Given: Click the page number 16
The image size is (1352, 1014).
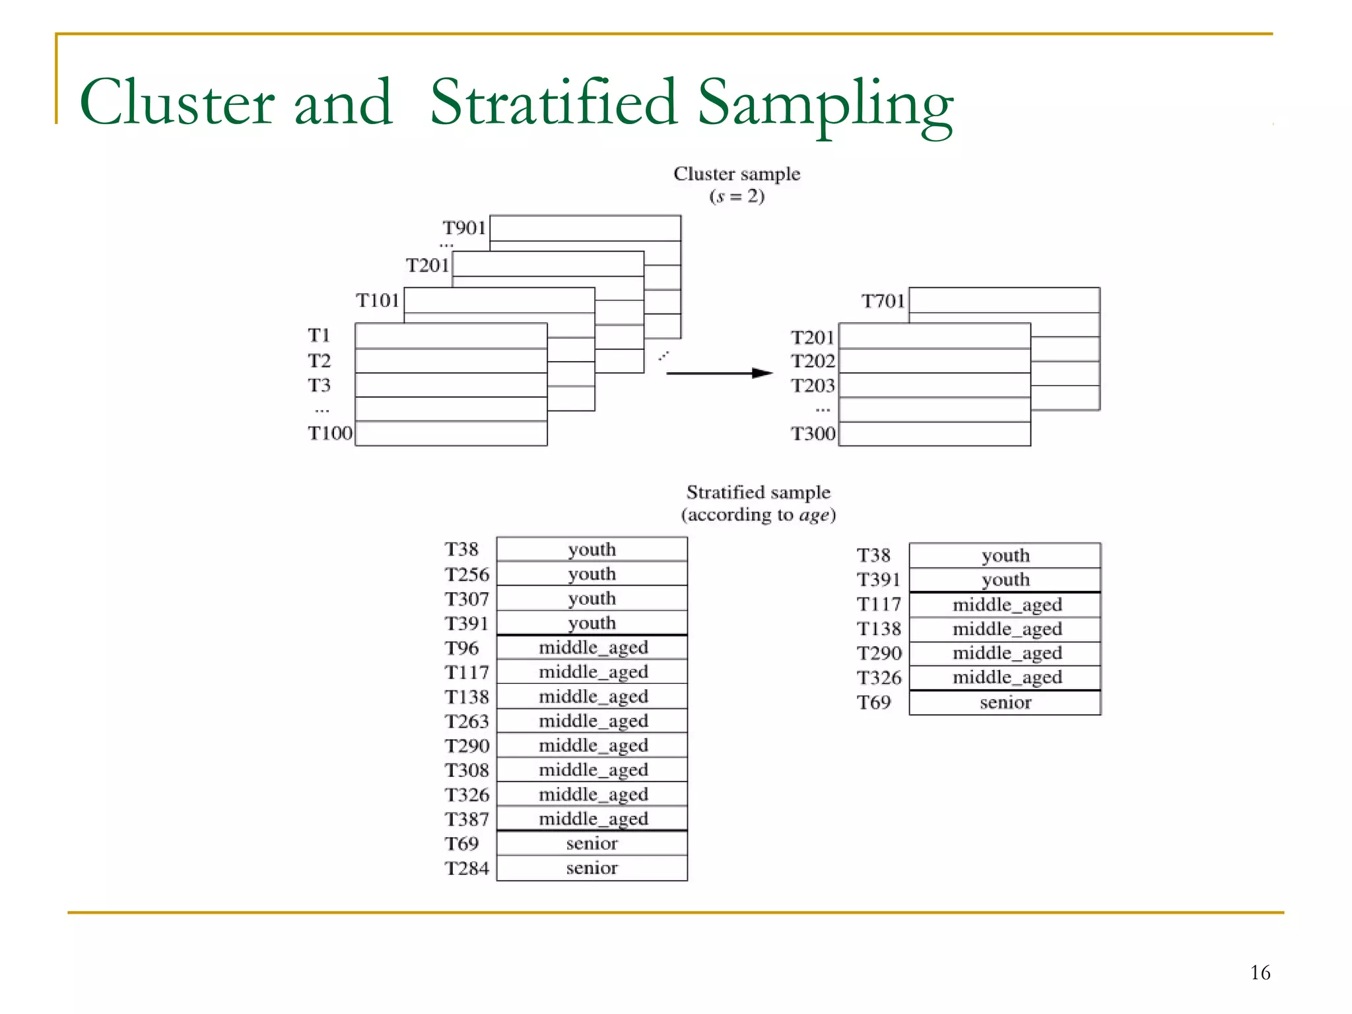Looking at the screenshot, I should (x=1260, y=972).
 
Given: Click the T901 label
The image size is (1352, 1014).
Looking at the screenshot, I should (x=464, y=228).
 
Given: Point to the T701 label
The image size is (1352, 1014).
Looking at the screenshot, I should (x=883, y=301).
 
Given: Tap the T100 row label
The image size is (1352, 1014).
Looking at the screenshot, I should (x=330, y=433).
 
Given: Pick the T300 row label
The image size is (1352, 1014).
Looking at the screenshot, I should (x=813, y=434).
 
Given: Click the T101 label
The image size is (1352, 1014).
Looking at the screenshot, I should (x=378, y=300).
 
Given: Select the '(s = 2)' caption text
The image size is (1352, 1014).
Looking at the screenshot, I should (x=737, y=196).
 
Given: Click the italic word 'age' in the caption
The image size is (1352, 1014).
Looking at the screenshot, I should (x=815, y=515).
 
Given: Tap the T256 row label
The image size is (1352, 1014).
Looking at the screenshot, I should (x=467, y=574).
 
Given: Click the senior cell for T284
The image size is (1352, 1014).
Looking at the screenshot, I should (x=591, y=868).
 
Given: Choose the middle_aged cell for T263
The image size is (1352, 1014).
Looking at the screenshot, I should (x=592, y=721).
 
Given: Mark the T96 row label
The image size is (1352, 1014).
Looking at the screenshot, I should (x=461, y=648).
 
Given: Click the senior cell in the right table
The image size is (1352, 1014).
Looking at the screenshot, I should (x=1005, y=702).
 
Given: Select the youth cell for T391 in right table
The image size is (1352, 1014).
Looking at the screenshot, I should (x=1005, y=580).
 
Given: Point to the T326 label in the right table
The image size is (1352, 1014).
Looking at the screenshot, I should (x=879, y=678).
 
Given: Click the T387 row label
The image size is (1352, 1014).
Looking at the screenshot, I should (x=467, y=819).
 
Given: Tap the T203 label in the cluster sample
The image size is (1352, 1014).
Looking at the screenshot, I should (x=813, y=386).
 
